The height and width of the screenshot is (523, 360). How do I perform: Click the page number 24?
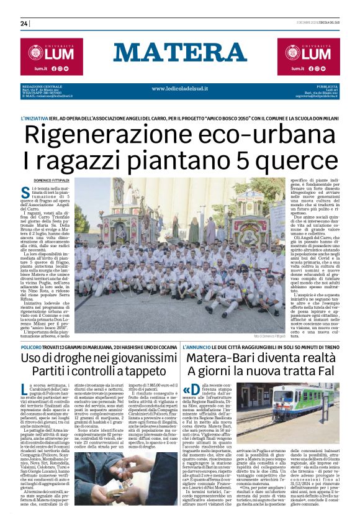[x=25, y=24]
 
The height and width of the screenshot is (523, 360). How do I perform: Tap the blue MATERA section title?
[x=180, y=53]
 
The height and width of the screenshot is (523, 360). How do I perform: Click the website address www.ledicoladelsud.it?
[x=180, y=89]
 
